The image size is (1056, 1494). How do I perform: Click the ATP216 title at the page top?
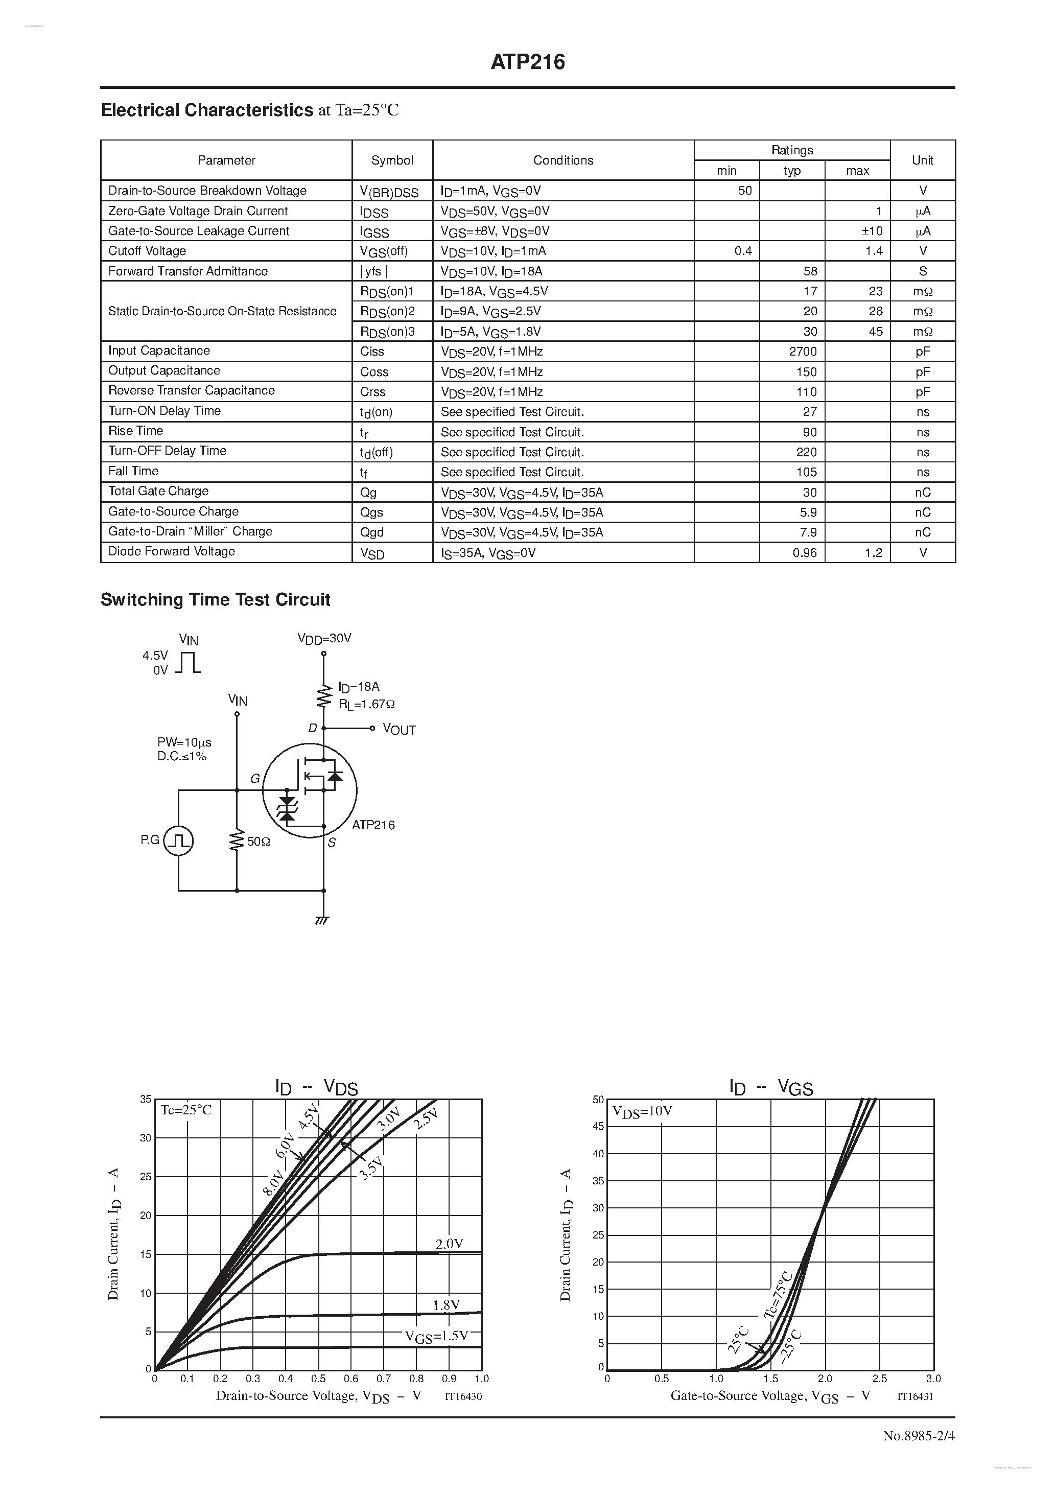[528, 62]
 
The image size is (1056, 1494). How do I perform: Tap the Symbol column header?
[392, 160]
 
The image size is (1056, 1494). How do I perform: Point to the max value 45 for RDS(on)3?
[875, 331]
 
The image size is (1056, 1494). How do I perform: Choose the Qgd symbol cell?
[371, 532]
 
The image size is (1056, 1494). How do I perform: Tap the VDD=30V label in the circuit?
[324, 638]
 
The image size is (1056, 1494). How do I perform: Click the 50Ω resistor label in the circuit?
[259, 842]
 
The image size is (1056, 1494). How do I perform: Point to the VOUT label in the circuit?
[399, 730]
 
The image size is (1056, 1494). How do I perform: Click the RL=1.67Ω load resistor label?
[366, 704]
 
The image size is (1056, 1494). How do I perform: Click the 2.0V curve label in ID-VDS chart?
[449, 1244]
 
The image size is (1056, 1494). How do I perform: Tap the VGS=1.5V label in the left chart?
[436, 1336]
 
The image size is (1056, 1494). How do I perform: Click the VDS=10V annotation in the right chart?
[642, 1111]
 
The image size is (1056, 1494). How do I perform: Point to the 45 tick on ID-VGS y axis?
[598, 1126]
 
